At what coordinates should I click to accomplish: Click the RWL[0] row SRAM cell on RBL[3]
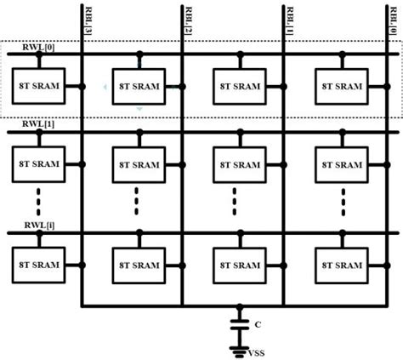37,86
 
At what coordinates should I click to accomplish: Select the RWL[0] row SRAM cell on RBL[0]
340,86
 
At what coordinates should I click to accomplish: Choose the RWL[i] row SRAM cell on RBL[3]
37,265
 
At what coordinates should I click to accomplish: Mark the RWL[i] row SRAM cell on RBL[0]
340,265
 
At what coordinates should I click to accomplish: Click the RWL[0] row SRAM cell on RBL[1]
238,86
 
